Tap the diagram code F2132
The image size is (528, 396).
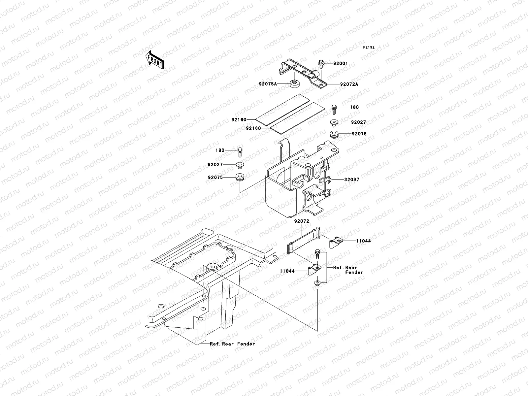pyautogui.click(x=369, y=48)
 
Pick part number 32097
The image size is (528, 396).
pyautogui.click(x=351, y=180)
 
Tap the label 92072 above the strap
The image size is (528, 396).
pyautogui.click(x=302, y=221)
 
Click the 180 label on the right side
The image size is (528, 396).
pyautogui.click(x=354, y=107)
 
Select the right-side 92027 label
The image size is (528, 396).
pyautogui.click(x=358, y=122)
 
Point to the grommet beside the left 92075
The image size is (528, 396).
pyautogui.click(x=240, y=177)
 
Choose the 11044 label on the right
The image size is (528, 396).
pyautogui.click(x=363, y=241)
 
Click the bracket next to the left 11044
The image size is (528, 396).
pyautogui.click(x=314, y=270)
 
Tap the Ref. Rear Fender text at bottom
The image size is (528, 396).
pyautogui.click(x=232, y=344)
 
